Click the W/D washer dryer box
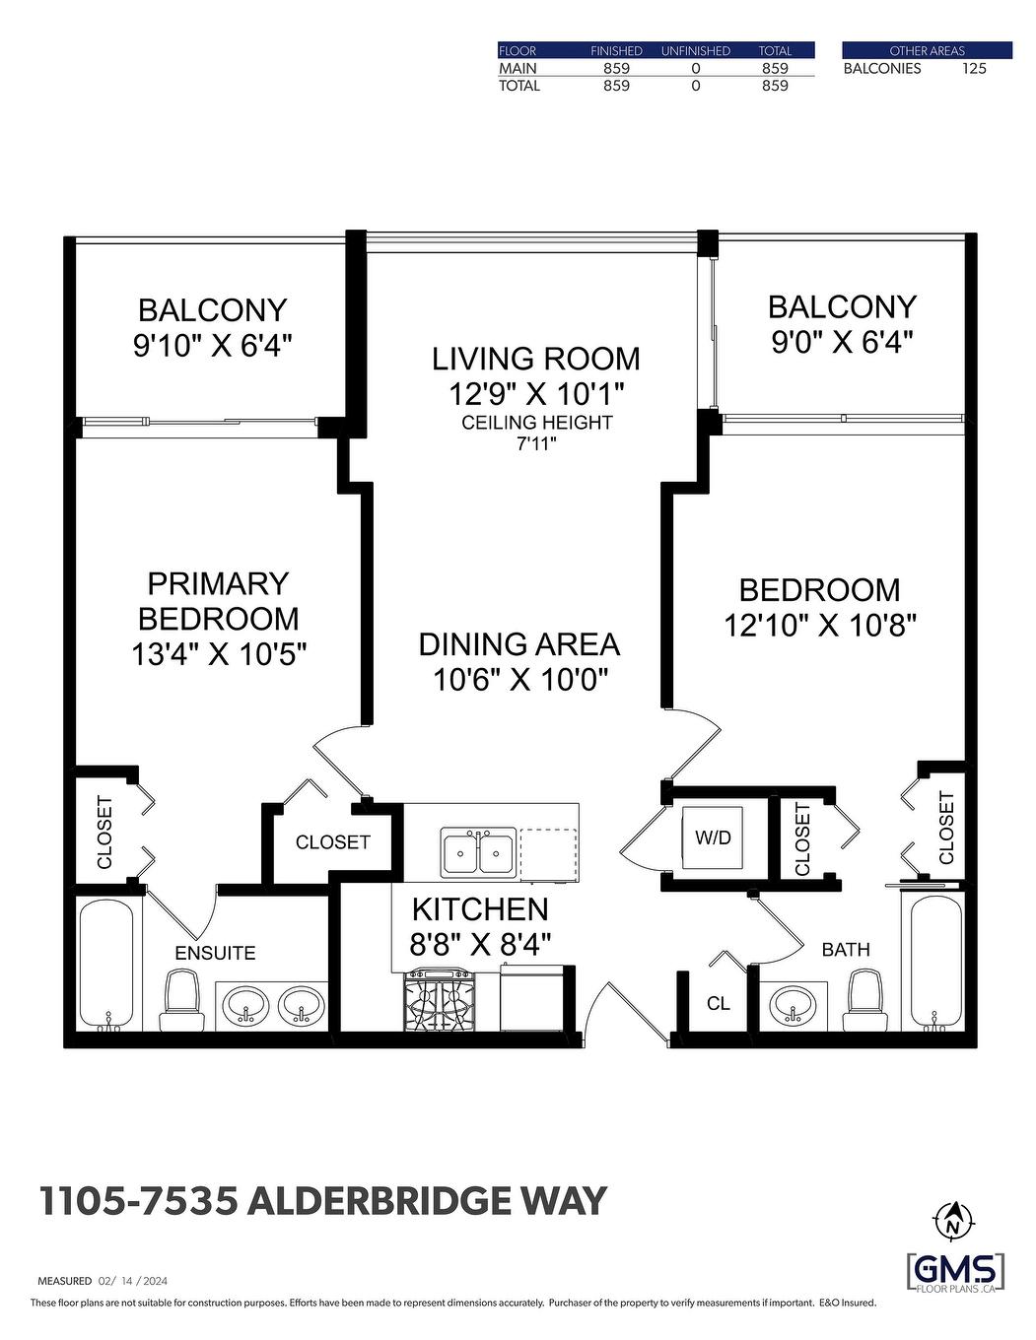713,837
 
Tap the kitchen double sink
478,852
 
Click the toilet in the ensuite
181,999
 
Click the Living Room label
536,359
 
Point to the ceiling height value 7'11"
537,443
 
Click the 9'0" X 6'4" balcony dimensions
841,343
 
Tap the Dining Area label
519,644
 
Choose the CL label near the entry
719,1003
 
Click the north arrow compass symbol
953,1222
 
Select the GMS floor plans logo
956,1271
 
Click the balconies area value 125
973,68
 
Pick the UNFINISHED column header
695,50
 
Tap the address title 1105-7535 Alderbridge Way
322,1201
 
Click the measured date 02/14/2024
133,1281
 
